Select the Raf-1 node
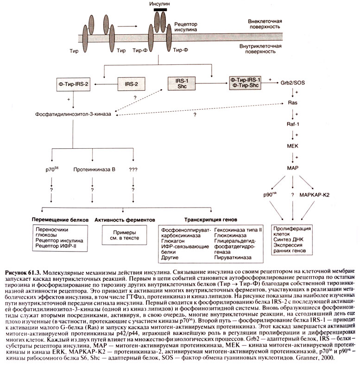click(292, 125)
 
